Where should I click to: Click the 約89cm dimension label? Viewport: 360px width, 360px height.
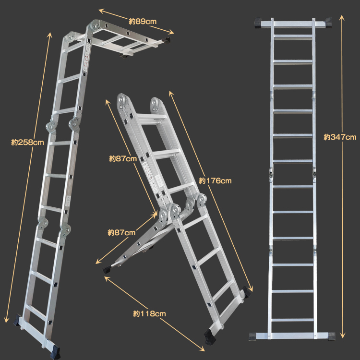143,21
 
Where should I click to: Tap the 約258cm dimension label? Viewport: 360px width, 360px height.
27,143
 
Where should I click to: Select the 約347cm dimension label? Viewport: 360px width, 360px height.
340,137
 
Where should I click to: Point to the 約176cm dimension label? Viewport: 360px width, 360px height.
215,181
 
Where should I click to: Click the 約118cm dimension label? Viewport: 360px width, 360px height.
149,313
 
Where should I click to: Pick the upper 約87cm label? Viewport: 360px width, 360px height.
123,159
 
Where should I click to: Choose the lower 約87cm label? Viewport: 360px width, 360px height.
121,233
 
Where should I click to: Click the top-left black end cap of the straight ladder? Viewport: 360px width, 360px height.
260,23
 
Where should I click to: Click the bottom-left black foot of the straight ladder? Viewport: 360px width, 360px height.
254,336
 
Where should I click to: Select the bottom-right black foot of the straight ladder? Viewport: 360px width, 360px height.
332,336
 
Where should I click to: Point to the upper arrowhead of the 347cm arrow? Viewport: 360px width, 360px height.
342,18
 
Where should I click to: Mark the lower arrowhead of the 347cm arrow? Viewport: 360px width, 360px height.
342,336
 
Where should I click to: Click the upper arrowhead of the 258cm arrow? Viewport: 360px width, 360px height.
50,35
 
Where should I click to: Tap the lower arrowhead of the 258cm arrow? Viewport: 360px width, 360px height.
7,319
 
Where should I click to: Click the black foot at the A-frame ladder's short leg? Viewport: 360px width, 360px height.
107,269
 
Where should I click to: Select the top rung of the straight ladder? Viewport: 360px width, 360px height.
293,36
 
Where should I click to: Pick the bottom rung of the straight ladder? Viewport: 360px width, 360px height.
292,320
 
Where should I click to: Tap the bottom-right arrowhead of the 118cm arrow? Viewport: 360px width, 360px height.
202,349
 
